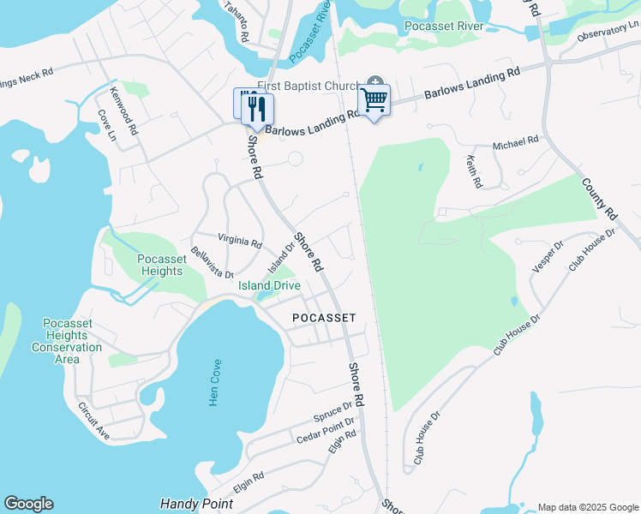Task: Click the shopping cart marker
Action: (x=374, y=101)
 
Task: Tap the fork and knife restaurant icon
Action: (x=256, y=109)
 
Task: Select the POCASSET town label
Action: (x=324, y=317)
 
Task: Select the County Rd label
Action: (x=599, y=198)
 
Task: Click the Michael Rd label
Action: (x=515, y=142)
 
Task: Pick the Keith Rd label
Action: (x=473, y=171)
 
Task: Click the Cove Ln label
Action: (x=105, y=124)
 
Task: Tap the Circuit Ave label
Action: (x=93, y=421)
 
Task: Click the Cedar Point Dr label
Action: (x=325, y=430)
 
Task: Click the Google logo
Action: (x=28, y=504)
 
